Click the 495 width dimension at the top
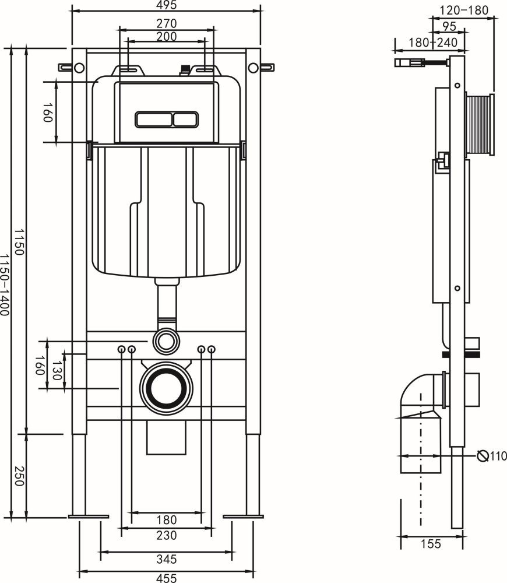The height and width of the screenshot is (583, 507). [167, 5]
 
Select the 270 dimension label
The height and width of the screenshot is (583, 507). [167, 23]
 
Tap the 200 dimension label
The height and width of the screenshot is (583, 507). [167, 36]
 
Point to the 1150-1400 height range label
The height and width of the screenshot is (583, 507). [5, 285]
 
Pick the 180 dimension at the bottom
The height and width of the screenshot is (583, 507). [167, 520]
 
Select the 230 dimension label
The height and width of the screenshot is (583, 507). [167, 535]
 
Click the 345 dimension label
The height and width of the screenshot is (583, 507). [167, 559]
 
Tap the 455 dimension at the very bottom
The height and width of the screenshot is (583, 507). [167, 578]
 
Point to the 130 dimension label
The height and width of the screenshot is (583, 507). [56, 370]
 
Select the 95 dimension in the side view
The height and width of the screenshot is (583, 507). [449, 26]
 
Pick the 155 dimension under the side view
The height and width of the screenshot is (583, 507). [431, 544]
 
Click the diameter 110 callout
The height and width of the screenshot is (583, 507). [492, 455]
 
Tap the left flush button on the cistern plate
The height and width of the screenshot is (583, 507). [154, 120]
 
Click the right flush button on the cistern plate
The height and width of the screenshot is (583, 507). [185, 120]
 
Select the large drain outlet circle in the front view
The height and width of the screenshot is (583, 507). [166, 388]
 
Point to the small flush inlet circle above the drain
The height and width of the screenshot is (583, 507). [166, 340]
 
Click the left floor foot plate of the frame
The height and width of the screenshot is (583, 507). [89, 517]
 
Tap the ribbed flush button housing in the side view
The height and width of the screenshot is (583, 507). [479, 125]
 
